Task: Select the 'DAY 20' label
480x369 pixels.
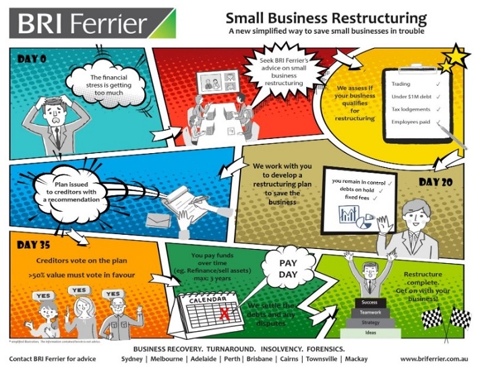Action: (438, 182)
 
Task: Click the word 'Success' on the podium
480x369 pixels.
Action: (369, 302)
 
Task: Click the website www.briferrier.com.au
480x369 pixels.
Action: (435, 359)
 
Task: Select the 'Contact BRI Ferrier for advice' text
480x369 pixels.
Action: (52, 359)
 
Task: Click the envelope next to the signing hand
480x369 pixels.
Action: (159, 221)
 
